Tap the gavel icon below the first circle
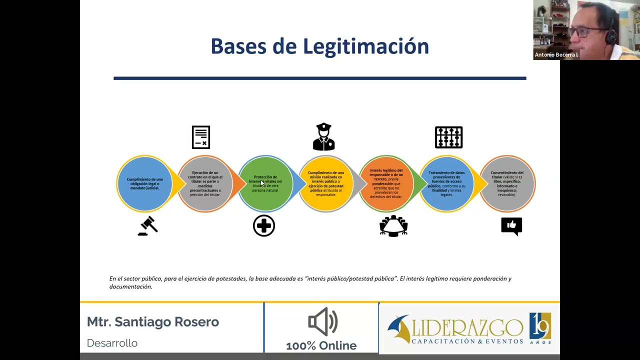pyautogui.click(x=148, y=226)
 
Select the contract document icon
pyautogui.click(x=201, y=137)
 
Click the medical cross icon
pyautogui.click(x=264, y=226)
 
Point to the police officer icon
pyautogui.click(x=324, y=137)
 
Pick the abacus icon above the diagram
pyautogui.click(x=448, y=137)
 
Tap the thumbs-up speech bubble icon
pyautogui.click(x=511, y=226)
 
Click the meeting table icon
pyautogui.click(x=393, y=226)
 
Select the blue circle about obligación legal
pyautogui.click(x=144, y=183)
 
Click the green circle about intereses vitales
pyautogui.click(x=265, y=183)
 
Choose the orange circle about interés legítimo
pyautogui.click(x=386, y=183)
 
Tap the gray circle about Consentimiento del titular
pyautogui.click(x=507, y=183)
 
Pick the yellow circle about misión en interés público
pyautogui.click(x=326, y=183)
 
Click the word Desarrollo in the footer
pyautogui.click(x=112, y=343)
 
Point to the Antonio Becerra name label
pyautogui.click(x=556, y=55)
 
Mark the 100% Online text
pyautogui.click(x=321, y=345)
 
